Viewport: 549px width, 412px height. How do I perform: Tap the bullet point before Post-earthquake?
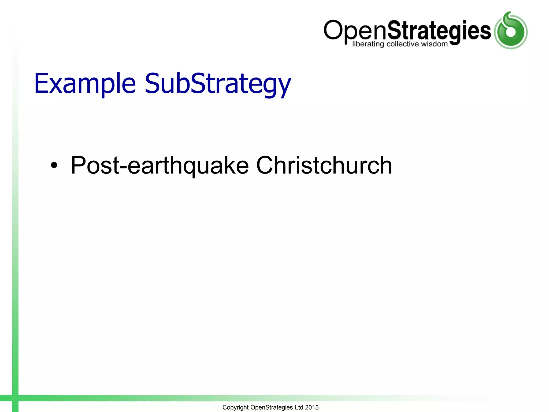point(54,165)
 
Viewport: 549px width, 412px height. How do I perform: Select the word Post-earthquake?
point(159,165)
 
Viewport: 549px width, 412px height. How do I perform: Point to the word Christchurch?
point(324,165)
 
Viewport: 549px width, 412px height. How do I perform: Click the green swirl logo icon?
point(510,31)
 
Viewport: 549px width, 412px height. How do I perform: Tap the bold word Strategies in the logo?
point(439,31)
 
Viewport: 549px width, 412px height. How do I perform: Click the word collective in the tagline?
point(402,44)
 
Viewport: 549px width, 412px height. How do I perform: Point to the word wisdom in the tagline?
point(434,44)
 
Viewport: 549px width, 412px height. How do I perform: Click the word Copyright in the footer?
point(235,407)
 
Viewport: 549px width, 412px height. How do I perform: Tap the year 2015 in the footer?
point(312,407)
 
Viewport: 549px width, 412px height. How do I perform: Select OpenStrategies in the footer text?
point(271,407)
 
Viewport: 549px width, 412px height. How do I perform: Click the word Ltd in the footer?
point(299,407)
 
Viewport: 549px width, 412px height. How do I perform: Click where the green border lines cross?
point(15,398)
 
